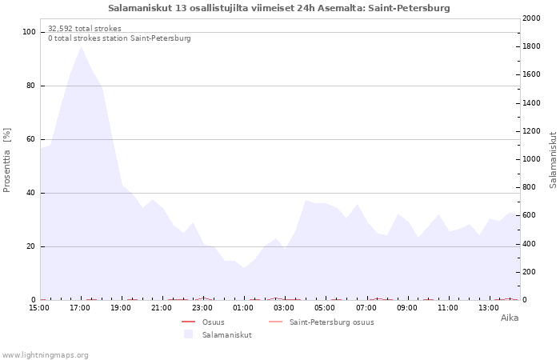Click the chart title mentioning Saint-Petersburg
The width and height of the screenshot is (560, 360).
click(279, 8)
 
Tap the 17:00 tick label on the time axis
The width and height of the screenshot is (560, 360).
click(80, 308)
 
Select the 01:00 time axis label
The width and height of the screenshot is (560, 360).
click(243, 308)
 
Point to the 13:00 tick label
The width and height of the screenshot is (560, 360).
click(489, 308)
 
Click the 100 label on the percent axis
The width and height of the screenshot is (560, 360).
click(29, 32)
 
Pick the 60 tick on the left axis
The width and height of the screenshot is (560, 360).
click(31, 139)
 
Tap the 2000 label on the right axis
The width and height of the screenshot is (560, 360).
click(531, 18)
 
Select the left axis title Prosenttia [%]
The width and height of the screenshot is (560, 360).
click(6, 160)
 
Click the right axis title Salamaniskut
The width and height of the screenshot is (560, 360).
click(553, 160)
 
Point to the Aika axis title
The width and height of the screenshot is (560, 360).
click(510, 318)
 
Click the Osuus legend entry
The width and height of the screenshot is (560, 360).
click(203, 322)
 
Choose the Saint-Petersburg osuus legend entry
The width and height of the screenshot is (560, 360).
click(321, 322)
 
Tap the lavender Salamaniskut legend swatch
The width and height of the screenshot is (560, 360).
click(188, 334)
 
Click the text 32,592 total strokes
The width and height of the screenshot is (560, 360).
click(85, 29)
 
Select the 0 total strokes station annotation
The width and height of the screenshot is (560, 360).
click(119, 38)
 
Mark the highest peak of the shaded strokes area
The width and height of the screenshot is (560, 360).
click(81, 46)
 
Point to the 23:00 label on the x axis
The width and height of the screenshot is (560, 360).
click(202, 308)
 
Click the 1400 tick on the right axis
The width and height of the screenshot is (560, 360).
click(531, 103)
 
